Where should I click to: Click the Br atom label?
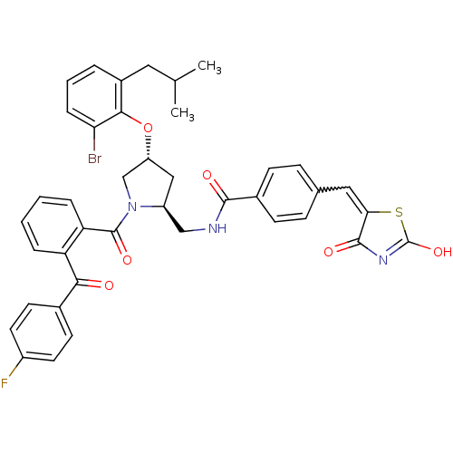[94, 159]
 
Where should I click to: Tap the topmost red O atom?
[148, 128]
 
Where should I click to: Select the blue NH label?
[217, 228]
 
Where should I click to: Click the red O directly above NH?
[207, 175]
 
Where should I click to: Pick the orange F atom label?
[5, 383]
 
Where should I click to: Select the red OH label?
[441, 253]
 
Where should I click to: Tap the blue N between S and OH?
[384, 261]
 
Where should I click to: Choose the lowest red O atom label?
[109, 286]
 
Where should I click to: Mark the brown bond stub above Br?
[94, 144]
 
